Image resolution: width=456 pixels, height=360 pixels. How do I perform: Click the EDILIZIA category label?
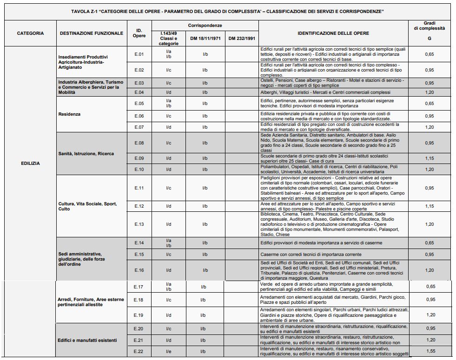point(30,163)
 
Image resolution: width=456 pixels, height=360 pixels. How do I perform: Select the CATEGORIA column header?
point(30,33)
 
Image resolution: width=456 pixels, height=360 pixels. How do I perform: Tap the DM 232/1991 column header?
point(242,39)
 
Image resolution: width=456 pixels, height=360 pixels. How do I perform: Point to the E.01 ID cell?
point(139,54)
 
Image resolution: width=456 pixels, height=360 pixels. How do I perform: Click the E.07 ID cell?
point(139,127)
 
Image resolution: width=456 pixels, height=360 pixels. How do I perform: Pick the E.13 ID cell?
point(139,224)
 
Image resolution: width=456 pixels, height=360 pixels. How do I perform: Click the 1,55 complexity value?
point(430,351)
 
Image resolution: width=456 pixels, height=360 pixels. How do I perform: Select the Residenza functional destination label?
point(69,114)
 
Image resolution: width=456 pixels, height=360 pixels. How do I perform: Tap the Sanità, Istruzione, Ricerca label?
point(86,153)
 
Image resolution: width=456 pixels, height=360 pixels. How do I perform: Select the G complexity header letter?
point(429,39)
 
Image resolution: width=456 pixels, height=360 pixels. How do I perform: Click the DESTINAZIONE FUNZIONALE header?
point(91,33)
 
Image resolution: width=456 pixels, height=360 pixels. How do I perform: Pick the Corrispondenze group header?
point(205,25)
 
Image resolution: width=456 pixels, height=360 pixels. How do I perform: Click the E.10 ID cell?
point(139,169)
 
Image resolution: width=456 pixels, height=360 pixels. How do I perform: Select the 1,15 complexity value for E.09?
point(430,158)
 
